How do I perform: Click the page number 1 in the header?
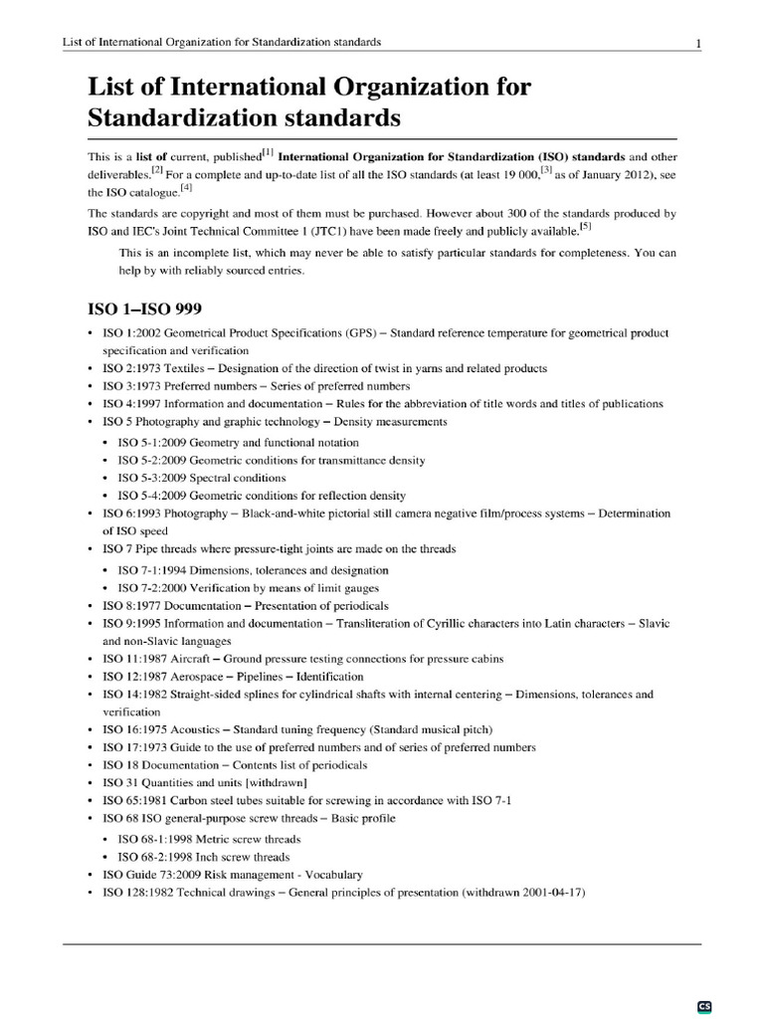coord(699,42)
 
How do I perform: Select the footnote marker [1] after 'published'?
coord(268,151)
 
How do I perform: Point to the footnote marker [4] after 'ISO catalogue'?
coord(186,187)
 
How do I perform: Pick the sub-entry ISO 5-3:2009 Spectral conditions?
coord(201,478)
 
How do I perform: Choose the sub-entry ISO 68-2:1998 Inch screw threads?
coord(203,856)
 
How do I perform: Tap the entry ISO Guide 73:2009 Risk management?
coord(233,874)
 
